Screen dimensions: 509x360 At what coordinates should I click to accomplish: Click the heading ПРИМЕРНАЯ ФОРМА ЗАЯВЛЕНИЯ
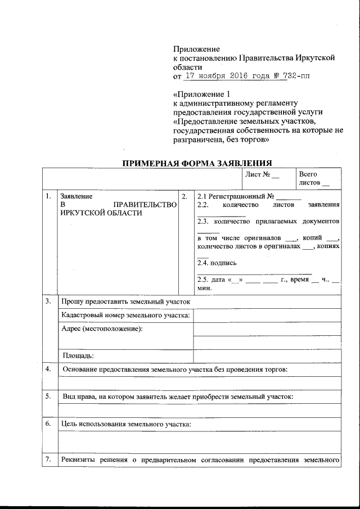[197, 163]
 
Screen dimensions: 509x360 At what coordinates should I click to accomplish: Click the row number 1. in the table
[49, 196]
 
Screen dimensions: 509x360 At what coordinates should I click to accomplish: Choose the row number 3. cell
[49, 301]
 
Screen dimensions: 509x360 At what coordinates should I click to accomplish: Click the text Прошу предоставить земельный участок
[126, 302]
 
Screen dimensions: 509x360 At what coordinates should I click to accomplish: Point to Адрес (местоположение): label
[102, 328]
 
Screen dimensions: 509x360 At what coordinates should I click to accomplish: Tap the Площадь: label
[78, 355]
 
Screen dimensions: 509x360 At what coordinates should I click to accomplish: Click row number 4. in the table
[49, 369]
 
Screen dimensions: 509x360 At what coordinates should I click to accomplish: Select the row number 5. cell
[49, 397]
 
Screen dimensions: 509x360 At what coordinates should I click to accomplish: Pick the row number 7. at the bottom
[49, 460]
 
